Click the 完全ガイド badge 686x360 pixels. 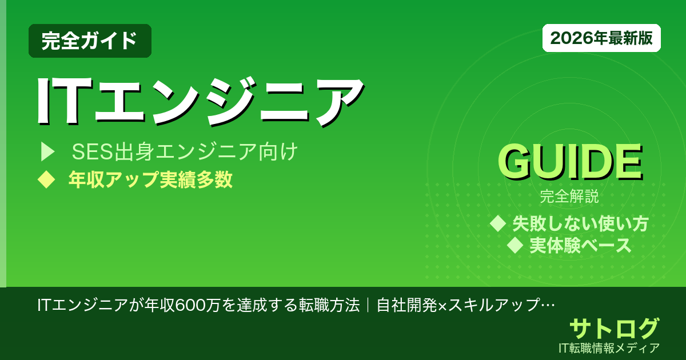coord(90,41)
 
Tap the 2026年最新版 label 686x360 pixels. coord(601,38)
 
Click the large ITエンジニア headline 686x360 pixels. coord(200,99)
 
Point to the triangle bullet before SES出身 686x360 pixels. coord(47,152)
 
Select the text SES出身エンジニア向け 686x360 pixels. coord(185,153)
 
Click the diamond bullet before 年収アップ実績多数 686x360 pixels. coord(46,179)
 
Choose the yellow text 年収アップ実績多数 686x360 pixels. coord(150,179)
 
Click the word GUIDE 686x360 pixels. coord(569,163)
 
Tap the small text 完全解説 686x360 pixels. coord(569,198)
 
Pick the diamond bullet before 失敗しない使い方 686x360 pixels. coord(498,223)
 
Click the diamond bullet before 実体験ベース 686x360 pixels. coord(516,245)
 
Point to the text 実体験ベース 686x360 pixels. coord(580,245)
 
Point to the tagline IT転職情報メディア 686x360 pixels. coord(610,347)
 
